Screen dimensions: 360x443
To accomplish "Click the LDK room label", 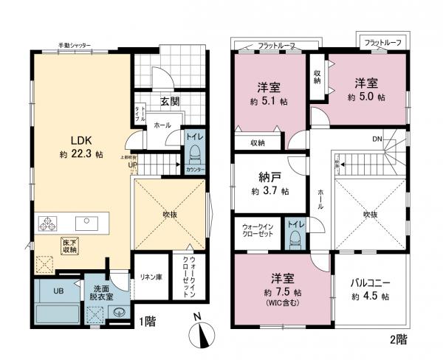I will [80, 139].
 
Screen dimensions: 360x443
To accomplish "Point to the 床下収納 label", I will [69, 246].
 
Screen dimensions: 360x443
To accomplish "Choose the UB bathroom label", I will [58, 291].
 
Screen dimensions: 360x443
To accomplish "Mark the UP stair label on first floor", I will [133, 165].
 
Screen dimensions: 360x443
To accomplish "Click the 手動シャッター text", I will [75, 46].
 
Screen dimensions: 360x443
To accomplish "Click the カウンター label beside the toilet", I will [196, 170].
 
